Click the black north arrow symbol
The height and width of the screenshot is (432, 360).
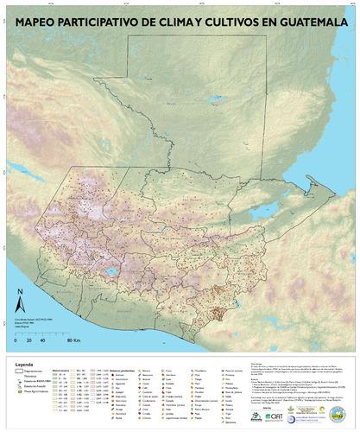(21, 304)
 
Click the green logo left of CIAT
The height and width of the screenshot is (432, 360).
(257, 416)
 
